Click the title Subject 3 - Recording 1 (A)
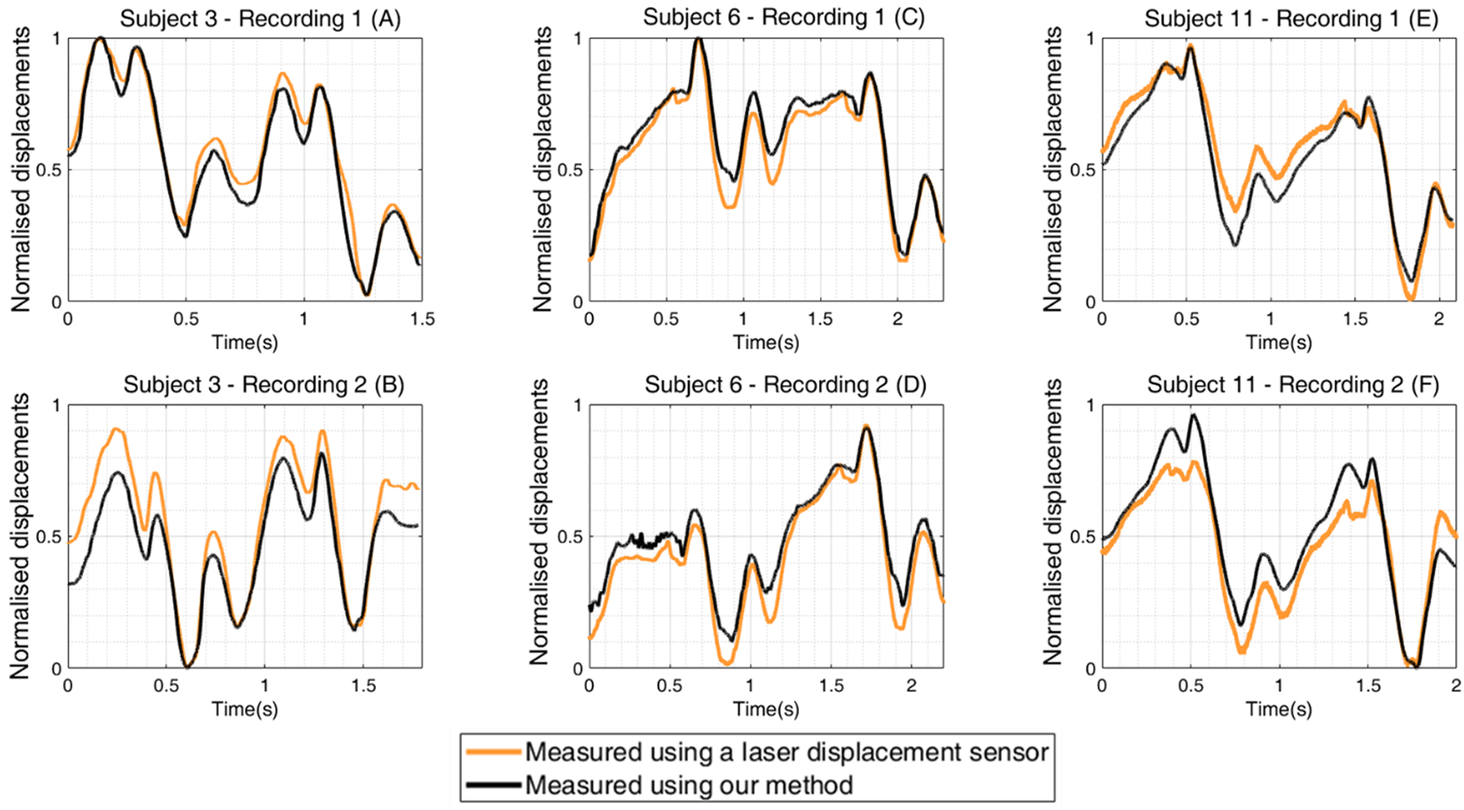pyautogui.click(x=260, y=18)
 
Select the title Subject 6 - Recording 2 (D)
pyautogui.click(x=785, y=385)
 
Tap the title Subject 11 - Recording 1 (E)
pyautogui.click(x=1291, y=18)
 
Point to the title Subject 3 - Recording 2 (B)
pyautogui.click(x=264, y=385)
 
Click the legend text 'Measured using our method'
pyautogui.click(x=689, y=786)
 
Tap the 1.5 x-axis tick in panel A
pyautogui.click(x=421, y=319)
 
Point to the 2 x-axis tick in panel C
pyautogui.click(x=898, y=319)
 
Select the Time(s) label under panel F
pyautogui.click(x=1279, y=709)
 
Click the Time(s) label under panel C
pyautogui.click(x=766, y=342)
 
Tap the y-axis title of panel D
pyautogui.click(x=540, y=522)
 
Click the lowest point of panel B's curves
pyautogui.click(x=186, y=666)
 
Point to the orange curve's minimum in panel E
pyautogui.click(x=1411, y=298)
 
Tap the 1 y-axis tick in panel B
pyautogui.click(x=56, y=405)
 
